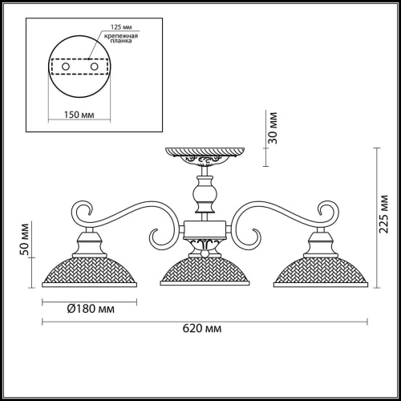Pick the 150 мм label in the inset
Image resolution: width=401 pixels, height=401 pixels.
(76, 115)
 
